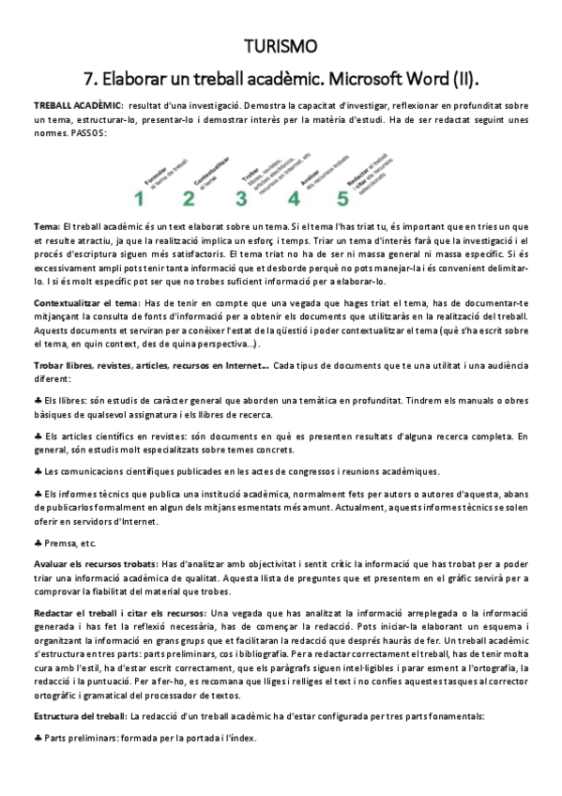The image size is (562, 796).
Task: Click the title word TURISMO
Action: pos(281,46)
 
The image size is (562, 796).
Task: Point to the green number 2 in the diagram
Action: pos(189,198)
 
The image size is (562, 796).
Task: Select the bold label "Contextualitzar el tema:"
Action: pos(87,302)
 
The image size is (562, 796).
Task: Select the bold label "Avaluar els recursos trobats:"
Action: pos(95,563)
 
